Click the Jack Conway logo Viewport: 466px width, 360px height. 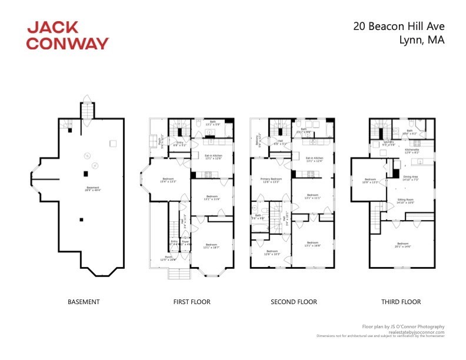pos(68,35)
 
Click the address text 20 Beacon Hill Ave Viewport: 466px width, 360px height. pos(398,26)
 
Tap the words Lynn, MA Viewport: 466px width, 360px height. pos(421,40)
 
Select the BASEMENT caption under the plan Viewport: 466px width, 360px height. pos(84,302)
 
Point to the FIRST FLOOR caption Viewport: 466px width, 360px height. pos(192,302)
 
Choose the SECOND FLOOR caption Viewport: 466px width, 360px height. pos(294,302)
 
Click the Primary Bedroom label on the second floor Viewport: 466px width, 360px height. pos(270,181)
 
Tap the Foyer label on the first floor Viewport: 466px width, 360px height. pos(185,242)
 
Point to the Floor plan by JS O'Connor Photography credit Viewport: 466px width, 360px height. pos(403,326)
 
